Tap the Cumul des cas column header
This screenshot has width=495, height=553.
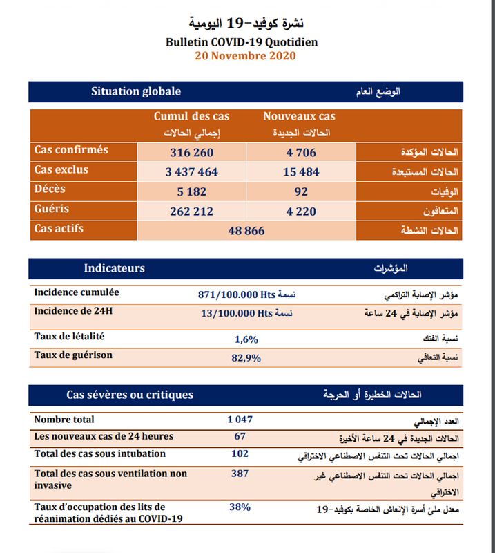pos(191,117)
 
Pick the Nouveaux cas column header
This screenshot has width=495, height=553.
pos(299,117)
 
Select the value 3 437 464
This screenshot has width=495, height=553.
pos(191,172)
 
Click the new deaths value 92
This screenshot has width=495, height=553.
pos(300,191)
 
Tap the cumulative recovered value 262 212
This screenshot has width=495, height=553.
pos(191,212)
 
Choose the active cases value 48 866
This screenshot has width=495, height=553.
pos(246,231)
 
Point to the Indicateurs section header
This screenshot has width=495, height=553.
pos(114,268)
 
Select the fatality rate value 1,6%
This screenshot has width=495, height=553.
pos(246,339)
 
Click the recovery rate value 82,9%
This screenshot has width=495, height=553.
pos(246,358)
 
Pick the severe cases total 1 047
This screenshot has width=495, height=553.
pos(240,419)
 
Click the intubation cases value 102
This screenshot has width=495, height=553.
pos(240,454)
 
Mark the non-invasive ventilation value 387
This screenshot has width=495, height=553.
pos(240,474)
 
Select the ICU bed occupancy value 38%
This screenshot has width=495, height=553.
pos(240,507)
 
